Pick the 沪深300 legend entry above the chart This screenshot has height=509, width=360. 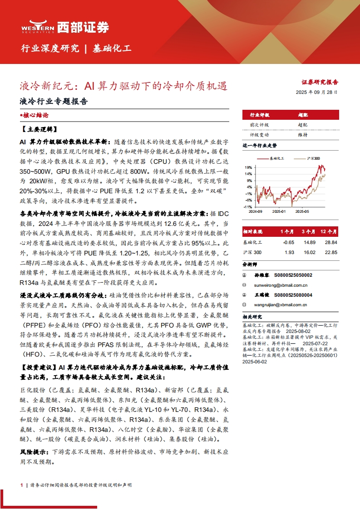(x=313, y=158)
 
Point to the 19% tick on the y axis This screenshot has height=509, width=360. (x=248, y=167)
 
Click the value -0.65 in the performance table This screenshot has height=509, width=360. (x=289, y=242)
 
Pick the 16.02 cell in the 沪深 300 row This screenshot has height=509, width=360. (x=309, y=252)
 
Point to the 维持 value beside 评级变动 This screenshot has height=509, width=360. (x=303, y=135)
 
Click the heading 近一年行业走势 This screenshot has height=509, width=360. (x=260, y=146)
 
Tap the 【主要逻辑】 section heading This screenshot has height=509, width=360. (x=38, y=129)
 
